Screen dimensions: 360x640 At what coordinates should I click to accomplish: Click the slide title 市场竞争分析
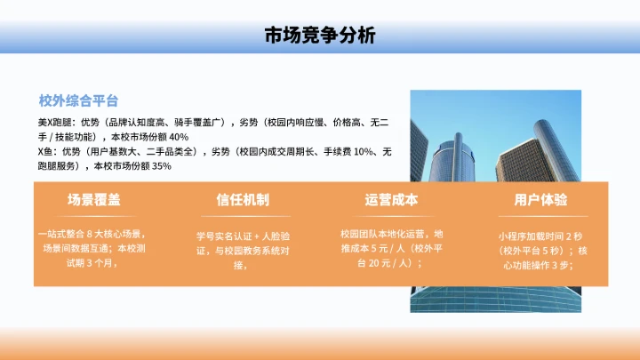[320, 36]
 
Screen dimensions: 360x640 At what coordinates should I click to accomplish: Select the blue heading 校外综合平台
[78, 100]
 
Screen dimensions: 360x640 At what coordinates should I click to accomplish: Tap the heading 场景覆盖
[93, 199]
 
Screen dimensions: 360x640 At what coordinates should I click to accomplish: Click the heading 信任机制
[243, 199]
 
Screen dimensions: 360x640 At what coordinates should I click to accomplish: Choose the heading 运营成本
[391, 199]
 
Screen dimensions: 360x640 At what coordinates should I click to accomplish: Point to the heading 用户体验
[540, 199]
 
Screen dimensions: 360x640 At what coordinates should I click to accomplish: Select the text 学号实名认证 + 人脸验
[243, 237]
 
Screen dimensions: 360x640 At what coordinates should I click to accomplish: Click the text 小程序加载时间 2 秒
[540, 237]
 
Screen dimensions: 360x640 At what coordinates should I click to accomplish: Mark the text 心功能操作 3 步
[540, 265]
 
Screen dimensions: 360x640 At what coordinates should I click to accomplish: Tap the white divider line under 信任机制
[243, 216]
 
